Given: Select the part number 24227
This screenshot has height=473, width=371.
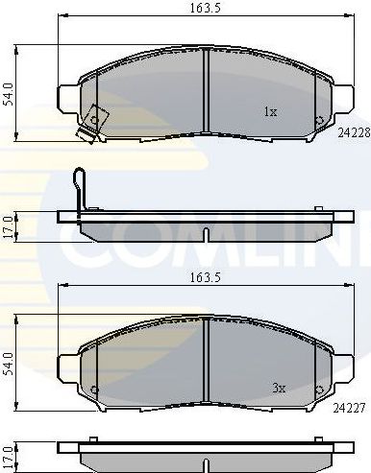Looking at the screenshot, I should click(351, 407).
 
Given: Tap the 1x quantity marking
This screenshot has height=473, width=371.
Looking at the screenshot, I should click(270, 112).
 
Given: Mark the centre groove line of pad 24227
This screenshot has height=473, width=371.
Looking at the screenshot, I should click(209, 359).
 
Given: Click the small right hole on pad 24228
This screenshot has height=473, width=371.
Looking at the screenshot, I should click(319, 119).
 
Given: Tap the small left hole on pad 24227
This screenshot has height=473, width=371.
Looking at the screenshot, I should click(95, 389).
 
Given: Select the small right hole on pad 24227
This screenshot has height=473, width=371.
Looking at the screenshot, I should click(319, 389).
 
